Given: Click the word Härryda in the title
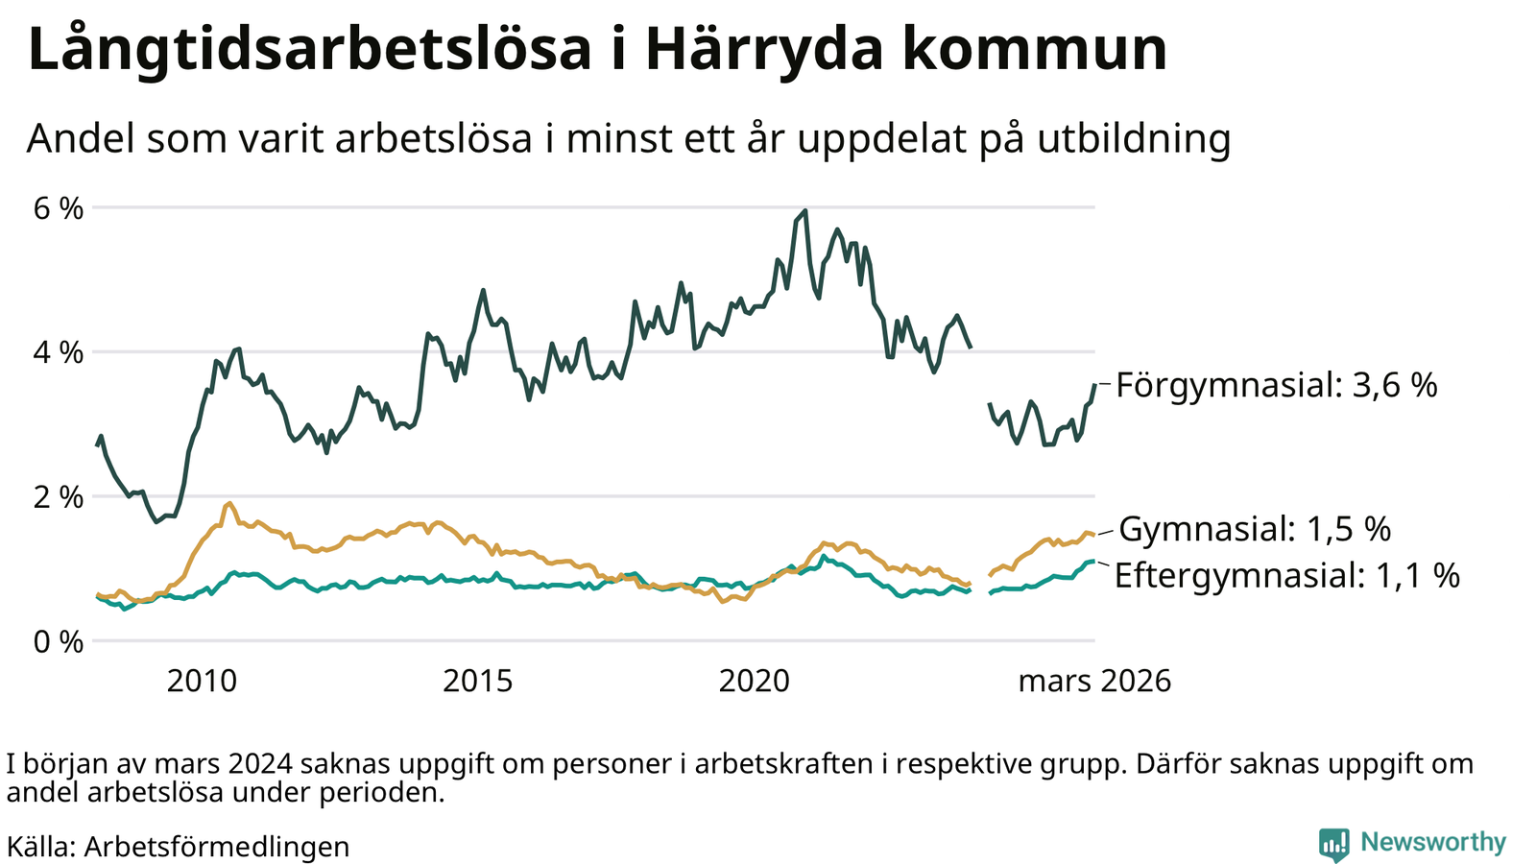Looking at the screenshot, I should tap(755, 50).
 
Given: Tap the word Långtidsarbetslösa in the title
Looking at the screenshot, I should tap(309, 50).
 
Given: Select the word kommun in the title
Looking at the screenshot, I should tap(1034, 50).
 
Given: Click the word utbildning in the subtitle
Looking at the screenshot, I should tap(1134, 139).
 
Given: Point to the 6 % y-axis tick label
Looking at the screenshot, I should tap(59, 208).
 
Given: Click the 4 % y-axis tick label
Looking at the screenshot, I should tap(59, 352).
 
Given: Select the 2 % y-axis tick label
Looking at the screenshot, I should tap(59, 497).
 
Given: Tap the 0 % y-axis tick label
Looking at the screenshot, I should tap(59, 641).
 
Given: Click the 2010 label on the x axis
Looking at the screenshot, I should tap(202, 682).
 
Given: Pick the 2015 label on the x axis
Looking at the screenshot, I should tap(478, 682).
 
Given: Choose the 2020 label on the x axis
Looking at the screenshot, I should tap(755, 682).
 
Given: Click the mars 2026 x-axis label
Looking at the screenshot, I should tap(1094, 682).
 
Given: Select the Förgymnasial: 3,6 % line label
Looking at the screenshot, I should tap(1277, 386).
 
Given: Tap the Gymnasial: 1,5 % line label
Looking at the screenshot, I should tap(1255, 529).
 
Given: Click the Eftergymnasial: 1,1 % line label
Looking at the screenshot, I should tap(1286, 575).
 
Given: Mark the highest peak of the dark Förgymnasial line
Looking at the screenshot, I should tap(804, 210).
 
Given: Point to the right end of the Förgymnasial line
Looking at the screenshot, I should tap(1094, 385).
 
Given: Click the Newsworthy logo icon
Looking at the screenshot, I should tap(1333, 844).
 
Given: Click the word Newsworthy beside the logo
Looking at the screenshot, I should tap(1433, 842).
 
